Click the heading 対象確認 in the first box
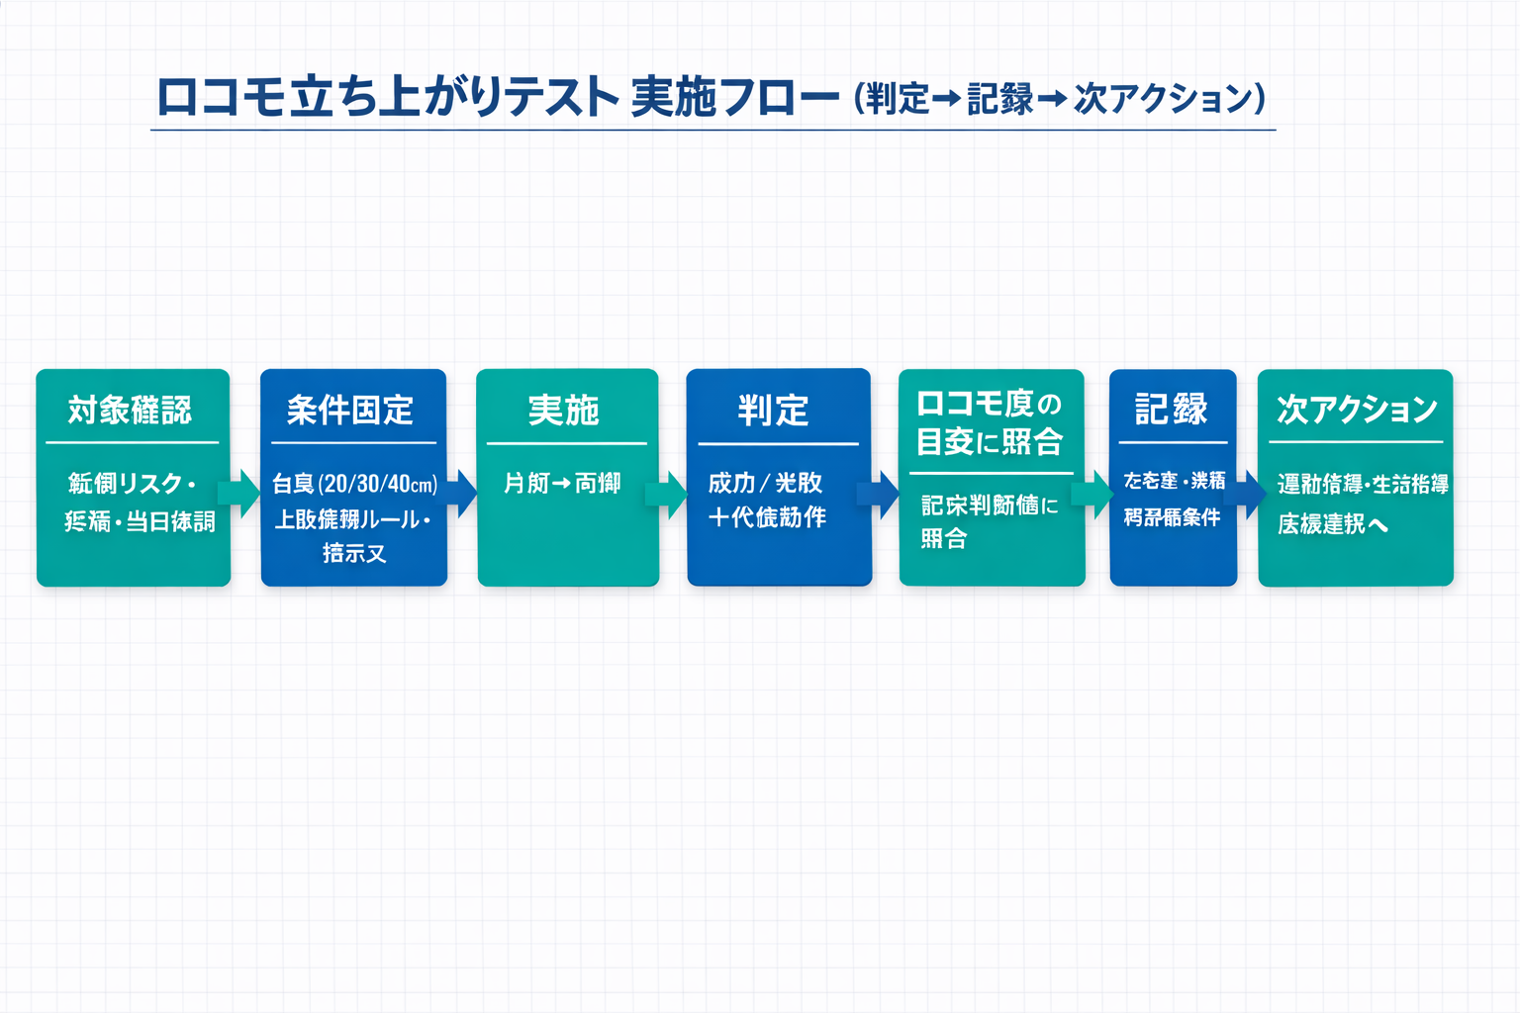click(x=130, y=410)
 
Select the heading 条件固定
click(x=350, y=410)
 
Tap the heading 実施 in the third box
click(x=564, y=410)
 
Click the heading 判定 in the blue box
click(x=774, y=410)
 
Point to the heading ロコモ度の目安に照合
click(x=990, y=422)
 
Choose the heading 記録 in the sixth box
click(x=1172, y=409)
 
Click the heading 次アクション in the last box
click(x=1357, y=409)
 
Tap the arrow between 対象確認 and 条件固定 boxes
click(x=240, y=492)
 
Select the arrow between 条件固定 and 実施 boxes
click(x=462, y=493)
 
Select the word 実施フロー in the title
click(x=734, y=97)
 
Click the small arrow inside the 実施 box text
click(x=561, y=484)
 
